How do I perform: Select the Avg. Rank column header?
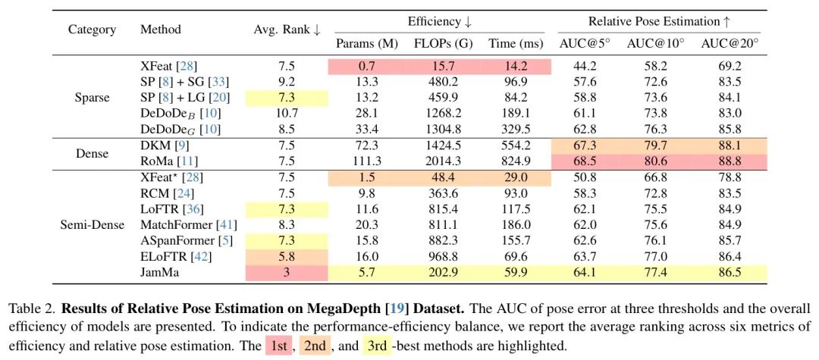287,30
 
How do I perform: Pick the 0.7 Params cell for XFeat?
367,67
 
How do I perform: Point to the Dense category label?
92,154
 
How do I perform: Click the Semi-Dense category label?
92,224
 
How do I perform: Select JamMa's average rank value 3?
287,272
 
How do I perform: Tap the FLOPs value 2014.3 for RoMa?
443,161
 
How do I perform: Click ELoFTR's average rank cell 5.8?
287,256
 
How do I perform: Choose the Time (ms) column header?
514,44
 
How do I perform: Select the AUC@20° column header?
730,44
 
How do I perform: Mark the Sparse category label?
92,98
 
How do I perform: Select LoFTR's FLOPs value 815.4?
443,208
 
